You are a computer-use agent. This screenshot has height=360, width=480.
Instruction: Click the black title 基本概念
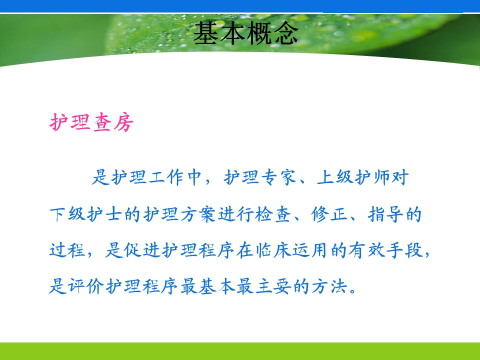point(246,33)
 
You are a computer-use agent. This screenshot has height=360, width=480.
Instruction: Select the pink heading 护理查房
point(91,122)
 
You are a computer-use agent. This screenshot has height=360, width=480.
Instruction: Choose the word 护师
point(372,177)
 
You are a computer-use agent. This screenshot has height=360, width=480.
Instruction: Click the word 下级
point(67,214)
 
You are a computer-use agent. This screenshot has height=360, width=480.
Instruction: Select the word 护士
point(104,214)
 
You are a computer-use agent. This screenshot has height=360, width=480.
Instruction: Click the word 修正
point(329,214)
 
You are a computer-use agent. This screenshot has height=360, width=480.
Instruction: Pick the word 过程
point(67,250)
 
